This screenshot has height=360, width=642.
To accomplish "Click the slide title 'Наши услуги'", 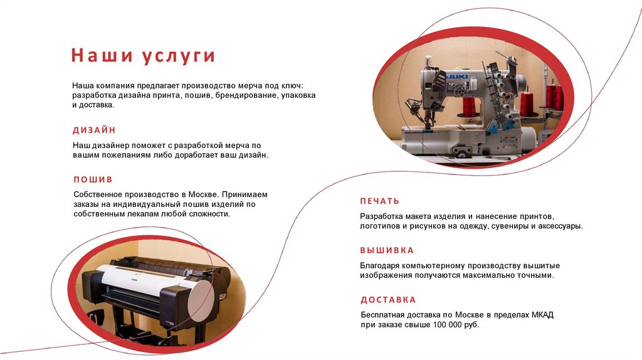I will (x=143, y=56).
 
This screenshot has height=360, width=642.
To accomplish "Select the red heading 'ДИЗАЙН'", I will (x=94, y=130).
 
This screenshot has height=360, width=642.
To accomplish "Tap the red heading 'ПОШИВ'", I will (x=93, y=179).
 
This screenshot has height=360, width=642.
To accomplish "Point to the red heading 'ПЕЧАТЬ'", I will (x=379, y=201).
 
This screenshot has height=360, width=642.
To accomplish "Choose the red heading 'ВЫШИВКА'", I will (x=387, y=250).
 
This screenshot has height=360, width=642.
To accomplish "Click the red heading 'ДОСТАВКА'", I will (x=388, y=300).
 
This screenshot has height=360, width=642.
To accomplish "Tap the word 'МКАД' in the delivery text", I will (x=539, y=314).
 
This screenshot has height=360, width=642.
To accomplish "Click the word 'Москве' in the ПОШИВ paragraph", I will (x=199, y=194).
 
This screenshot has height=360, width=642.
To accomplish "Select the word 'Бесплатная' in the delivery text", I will (x=383, y=314).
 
